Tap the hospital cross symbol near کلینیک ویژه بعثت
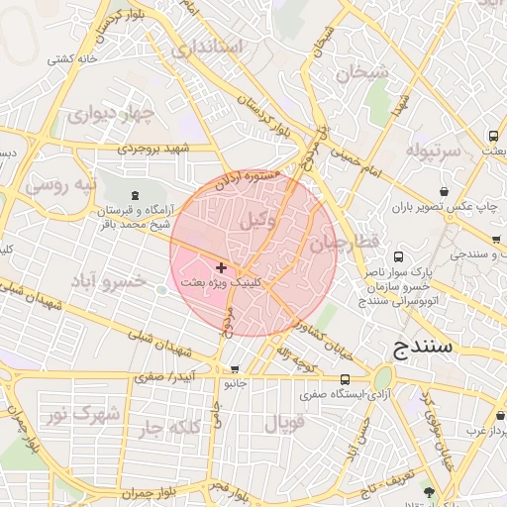pos(220,267)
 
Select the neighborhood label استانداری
pos(206,48)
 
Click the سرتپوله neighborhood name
pos(433,152)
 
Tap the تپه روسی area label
pos(60,185)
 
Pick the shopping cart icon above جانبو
pos(234,369)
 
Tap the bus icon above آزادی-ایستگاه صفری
pos(345,379)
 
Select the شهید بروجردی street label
pos(178,149)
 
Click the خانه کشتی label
pos(75,59)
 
